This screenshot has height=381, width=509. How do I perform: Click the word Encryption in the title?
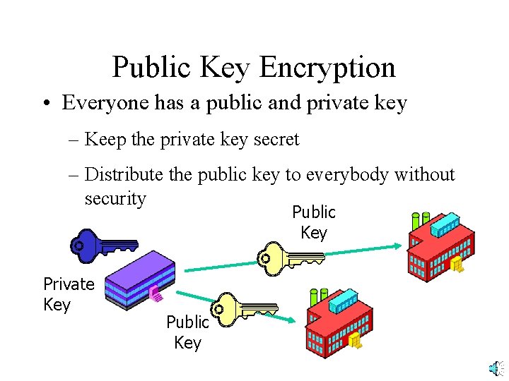pos(327,68)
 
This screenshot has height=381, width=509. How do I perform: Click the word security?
pos(115,198)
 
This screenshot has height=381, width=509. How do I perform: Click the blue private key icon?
pos(103,244)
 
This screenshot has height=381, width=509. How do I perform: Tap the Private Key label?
pos(68,294)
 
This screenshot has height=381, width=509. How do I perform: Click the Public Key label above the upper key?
pos(314,222)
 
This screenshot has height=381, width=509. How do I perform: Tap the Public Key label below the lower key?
pos(187,332)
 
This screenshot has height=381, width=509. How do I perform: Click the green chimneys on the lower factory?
pos(317,296)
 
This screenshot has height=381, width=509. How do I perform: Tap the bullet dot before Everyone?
pos(44,104)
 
